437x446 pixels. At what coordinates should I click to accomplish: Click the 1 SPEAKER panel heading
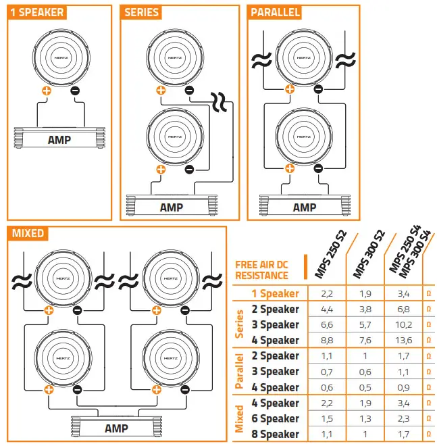pos(38,12)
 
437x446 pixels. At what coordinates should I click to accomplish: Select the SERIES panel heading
pos(142,12)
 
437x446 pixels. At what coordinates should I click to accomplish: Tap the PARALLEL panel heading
pos(275,12)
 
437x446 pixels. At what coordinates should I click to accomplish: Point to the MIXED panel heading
pos(28,233)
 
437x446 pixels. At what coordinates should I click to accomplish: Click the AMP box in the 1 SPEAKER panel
pos(60,140)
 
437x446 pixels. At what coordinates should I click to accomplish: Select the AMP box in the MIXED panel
pos(116,428)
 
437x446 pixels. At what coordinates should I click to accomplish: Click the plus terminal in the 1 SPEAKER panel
pos(47,89)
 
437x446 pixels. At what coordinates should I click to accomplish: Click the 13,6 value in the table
pos(404,340)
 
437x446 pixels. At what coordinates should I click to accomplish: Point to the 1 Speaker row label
pos(275,293)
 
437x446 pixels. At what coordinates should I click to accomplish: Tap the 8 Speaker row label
pos(275,434)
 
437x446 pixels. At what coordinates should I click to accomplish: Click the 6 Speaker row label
pos(275,418)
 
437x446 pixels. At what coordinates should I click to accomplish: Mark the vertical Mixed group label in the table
pos(239,418)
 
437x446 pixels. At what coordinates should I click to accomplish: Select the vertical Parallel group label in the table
pos(239,371)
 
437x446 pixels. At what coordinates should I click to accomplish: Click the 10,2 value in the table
pos(404,324)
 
